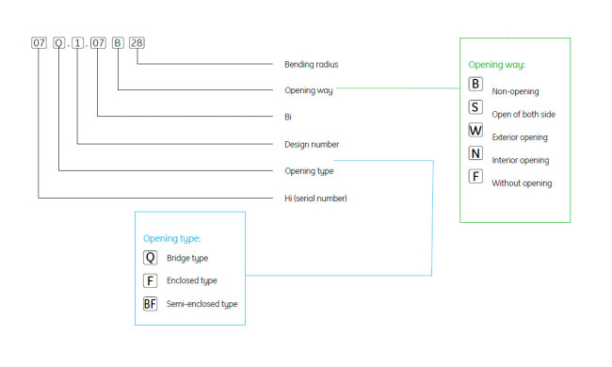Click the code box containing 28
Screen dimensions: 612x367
(137, 43)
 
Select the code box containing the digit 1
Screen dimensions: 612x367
(77, 43)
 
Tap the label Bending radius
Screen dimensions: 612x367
(312, 64)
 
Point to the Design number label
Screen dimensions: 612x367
(312, 144)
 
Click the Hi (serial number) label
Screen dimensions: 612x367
(315, 199)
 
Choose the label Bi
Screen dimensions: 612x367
(288, 117)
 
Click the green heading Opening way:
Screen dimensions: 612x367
(496, 65)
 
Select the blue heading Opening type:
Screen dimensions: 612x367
(171, 238)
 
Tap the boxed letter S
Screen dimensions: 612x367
(475, 107)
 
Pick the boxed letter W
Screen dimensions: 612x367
(475, 130)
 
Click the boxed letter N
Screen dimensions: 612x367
(475, 153)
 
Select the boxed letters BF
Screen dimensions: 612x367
(151, 304)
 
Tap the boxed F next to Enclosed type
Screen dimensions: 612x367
(151, 280)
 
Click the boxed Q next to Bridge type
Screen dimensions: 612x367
(151, 258)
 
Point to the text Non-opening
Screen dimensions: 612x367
(515, 91)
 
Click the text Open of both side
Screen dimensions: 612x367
(523, 114)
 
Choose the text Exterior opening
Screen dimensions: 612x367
(520, 137)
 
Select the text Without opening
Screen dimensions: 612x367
(522, 183)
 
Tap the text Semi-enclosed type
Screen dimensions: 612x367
(201, 304)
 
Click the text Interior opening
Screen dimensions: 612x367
(521, 160)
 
